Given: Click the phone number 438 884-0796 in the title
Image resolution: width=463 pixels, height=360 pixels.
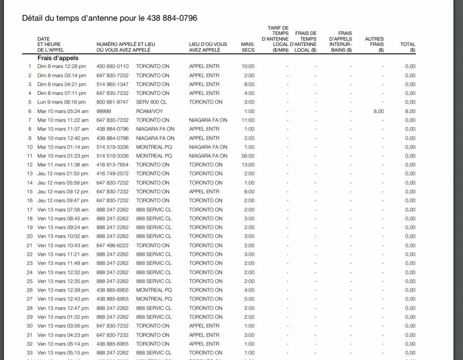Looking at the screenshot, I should pyautogui.click(x=173, y=18).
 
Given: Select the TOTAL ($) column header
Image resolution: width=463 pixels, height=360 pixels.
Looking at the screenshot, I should pyautogui.click(x=407, y=47).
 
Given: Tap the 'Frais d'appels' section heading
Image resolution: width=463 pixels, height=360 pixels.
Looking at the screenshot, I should pyautogui.click(x=58, y=58).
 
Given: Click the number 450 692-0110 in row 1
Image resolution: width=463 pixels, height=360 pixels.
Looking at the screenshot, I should pyautogui.click(x=112, y=66).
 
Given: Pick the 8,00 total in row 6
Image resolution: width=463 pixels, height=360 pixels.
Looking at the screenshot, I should pyautogui.click(x=410, y=111).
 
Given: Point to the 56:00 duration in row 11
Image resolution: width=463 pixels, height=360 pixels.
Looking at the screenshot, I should pyautogui.click(x=248, y=156).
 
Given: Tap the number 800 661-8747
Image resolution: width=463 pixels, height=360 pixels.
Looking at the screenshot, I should pyautogui.click(x=112, y=102).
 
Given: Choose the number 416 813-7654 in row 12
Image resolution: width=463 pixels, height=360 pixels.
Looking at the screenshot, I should pyautogui.click(x=112, y=165).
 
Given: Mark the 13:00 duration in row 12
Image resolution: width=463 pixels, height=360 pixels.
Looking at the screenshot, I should pyautogui.click(x=248, y=165).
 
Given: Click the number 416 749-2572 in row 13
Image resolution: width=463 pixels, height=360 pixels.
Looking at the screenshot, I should pyautogui.click(x=112, y=173).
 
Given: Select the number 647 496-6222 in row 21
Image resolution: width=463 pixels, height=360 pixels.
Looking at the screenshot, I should pyautogui.click(x=112, y=245).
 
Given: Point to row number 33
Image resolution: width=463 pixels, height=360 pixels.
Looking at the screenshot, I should pyautogui.click(x=30, y=352).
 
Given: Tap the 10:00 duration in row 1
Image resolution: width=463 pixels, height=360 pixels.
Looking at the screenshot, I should pyautogui.click(x=248, y=66).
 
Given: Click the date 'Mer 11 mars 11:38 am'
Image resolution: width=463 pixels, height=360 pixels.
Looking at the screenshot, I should pyautogui.click(x=63, y=165).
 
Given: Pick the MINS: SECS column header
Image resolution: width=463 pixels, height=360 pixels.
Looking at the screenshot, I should pyautogui.click(x=248, y=47).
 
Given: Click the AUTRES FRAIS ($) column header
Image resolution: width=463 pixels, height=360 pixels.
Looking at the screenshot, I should pyautogui.click(x=374, y=44).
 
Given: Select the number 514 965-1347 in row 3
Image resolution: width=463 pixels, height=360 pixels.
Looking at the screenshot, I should pyautogui.click(x=112, y=84).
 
